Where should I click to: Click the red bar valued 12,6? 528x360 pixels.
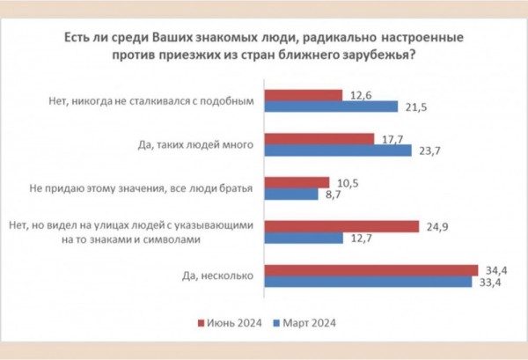[304, 94]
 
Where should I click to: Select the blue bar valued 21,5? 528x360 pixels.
[331, 107]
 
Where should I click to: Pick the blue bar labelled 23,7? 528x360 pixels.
[338, 151]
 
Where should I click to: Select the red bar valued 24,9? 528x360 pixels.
[341, 226]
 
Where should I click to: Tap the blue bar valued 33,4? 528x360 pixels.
[368, 283]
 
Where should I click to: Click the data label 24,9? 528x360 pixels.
[431, 226]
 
